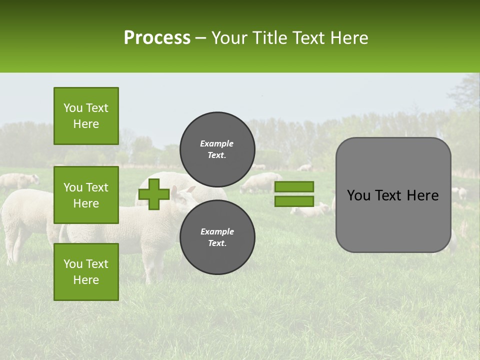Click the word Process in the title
click(x=157, y=37)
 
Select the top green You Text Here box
click(x=86, y=116)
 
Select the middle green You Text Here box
click(x=86, y=195)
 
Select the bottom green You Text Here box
click(x=86, y=271)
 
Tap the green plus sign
click(x=154, y=194)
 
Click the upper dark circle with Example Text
click(x=217, y=149)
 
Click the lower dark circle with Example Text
click(x=217, y=237)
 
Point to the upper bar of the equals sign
click(x=294, y=186)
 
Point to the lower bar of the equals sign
click(x=294, y=201)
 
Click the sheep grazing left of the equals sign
click(x=260, y=183)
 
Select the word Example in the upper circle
click(x=217, y=143)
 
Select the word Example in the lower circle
click(x=217, y=231)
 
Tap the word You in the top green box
click(x=72, y=108)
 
